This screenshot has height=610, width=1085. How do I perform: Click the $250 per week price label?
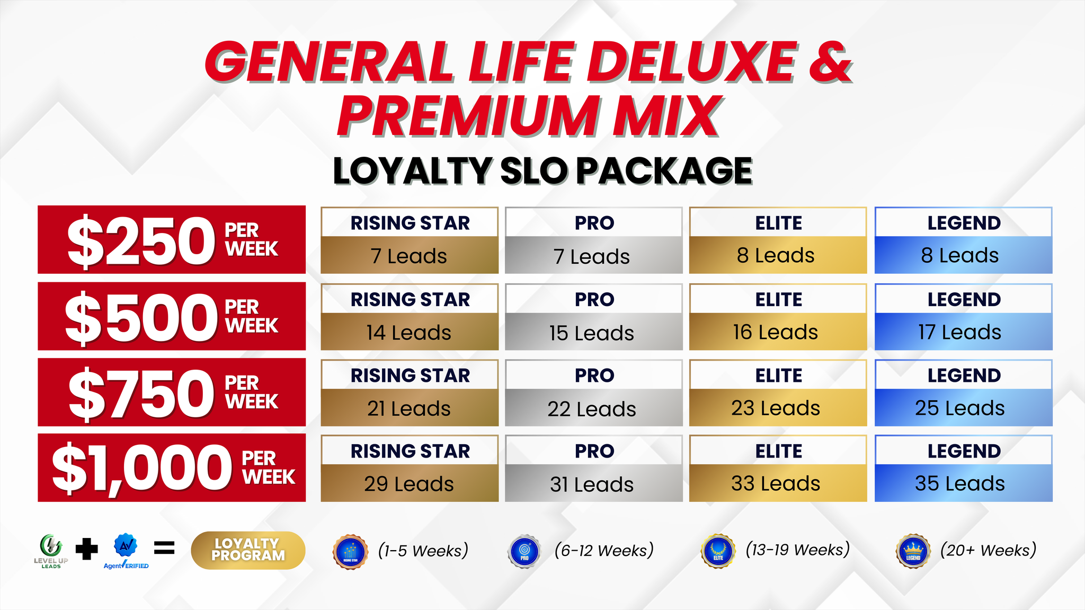pyautogui.click(x=172, y=240)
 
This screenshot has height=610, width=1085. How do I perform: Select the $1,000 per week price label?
pyautogui.click(x=172, y=468)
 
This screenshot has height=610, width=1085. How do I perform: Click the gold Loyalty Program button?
pyautogui.click(x=248, y=550)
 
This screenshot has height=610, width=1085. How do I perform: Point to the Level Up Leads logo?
pyautogui.click(x=51, y=551)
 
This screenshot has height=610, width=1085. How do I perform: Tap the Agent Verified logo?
pyautogui.click(x=126, y=551)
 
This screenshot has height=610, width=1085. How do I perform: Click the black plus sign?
pyautogui.click(x=87, y=549)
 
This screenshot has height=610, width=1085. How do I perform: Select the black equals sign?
pyautogui.click(x=164, y=548)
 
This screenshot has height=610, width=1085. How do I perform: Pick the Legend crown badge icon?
pyautogui.click(x=913, y=551)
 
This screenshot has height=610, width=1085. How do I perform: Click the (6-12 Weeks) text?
pyautogui.click(x=604, y=550)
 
